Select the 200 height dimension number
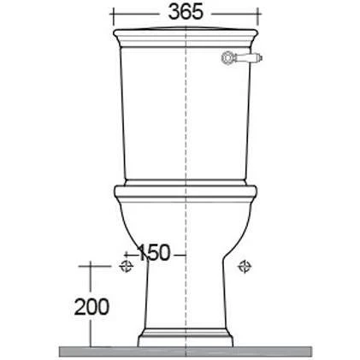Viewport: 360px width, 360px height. (92, 305)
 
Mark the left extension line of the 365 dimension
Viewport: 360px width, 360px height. (111, 19)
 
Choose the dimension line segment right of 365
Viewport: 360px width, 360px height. (234, 13)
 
